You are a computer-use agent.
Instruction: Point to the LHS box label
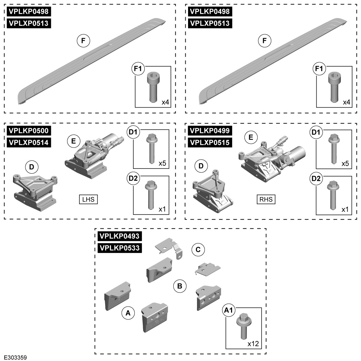tap(88, 199)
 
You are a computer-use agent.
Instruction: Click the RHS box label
tap(266, 199)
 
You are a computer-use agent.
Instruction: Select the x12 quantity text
tap(253, 343)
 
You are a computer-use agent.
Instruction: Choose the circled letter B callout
tap(179, 286)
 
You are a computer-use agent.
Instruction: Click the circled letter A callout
tap(128, 313)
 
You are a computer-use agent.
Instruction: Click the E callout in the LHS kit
tap(74, 141)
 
